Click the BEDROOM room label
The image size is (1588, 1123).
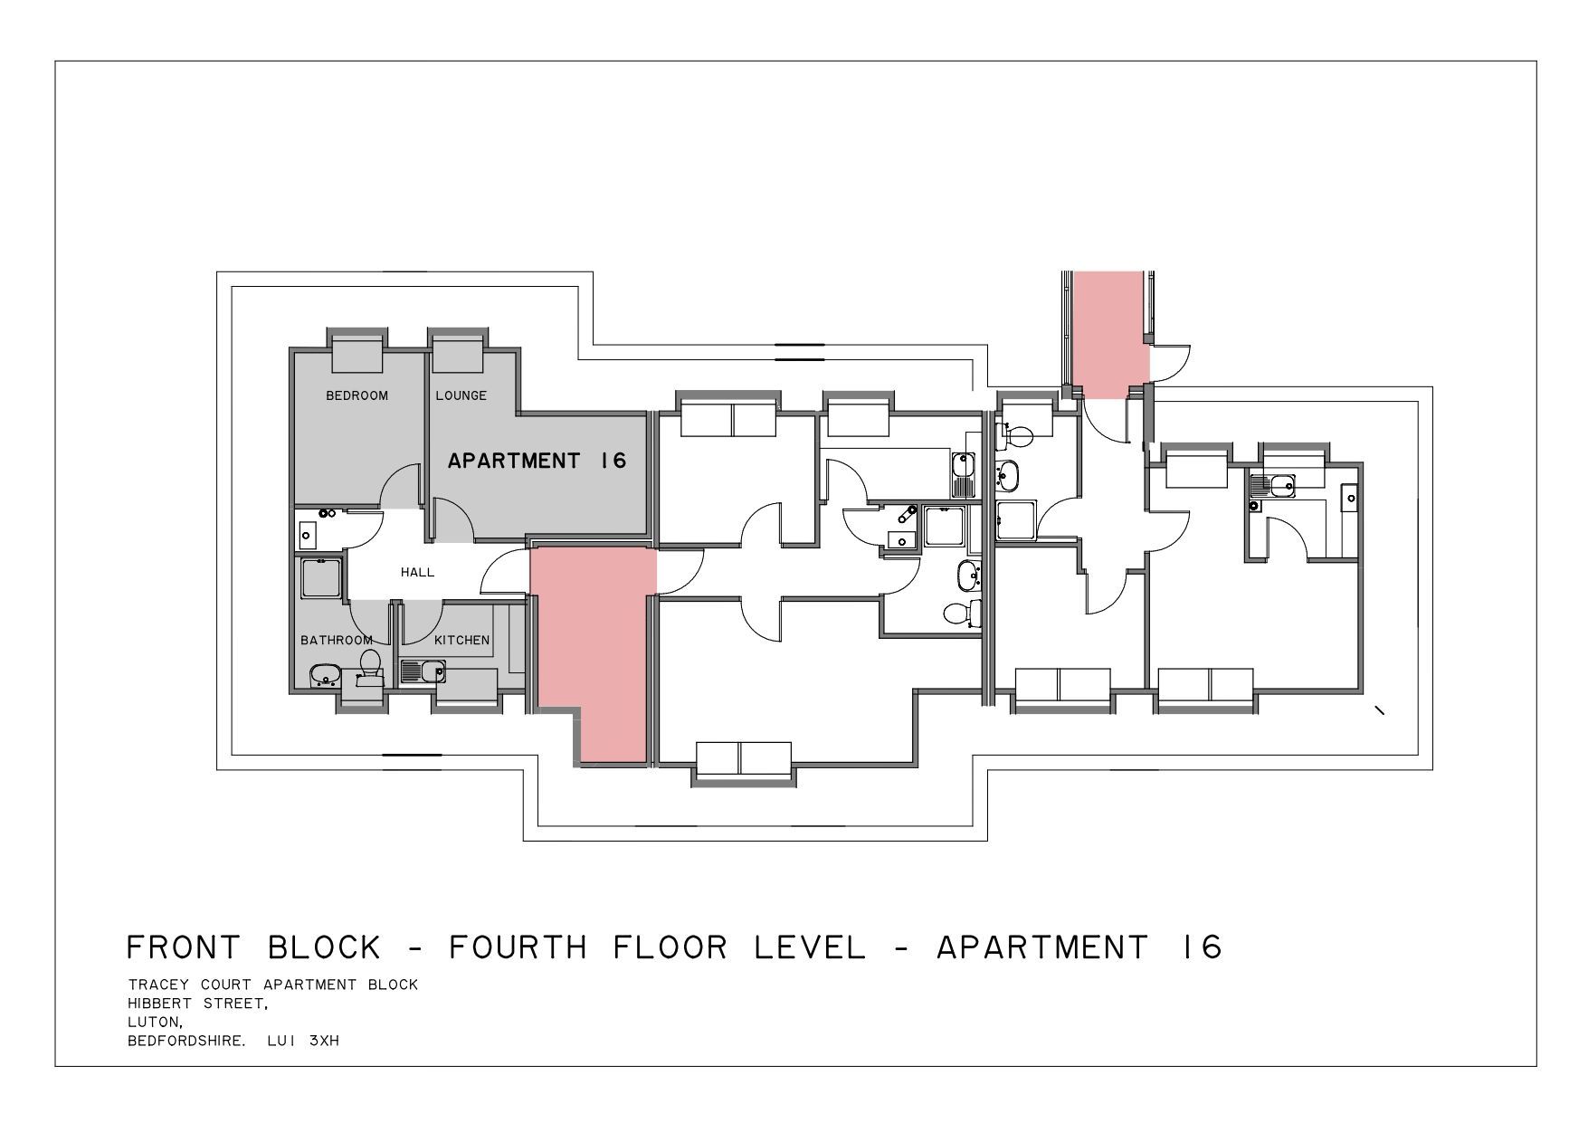(357, 395)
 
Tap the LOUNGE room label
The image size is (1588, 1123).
(461, 395)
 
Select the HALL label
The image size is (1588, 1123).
(417, 572)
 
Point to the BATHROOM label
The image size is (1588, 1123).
(337, 640)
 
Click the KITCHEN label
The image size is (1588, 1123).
(461, 640)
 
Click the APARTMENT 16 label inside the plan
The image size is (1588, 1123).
(537, 461)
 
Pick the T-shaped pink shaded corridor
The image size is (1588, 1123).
(593, 633)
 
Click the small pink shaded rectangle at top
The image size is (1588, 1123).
(1110, 335)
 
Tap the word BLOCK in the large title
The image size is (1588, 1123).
(324, 947)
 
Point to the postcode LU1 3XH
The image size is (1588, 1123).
(303, 1042)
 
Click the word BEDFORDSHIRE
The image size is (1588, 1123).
(186, 1042)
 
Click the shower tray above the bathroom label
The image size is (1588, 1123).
(321, 578)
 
